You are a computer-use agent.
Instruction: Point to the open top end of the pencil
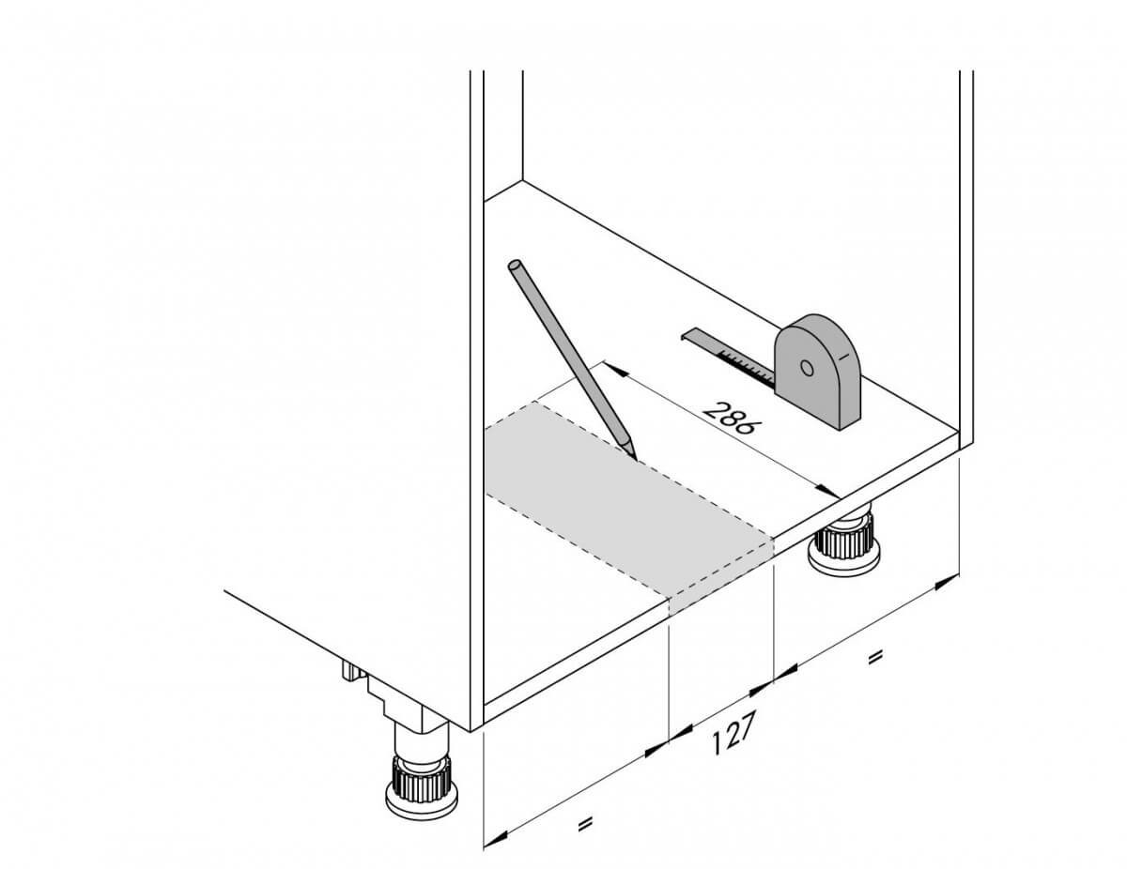[x=516, y=266]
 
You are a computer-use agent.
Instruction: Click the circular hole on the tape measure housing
[x=807, y=368]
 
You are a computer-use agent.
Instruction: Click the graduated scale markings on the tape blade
[x=746, y=364]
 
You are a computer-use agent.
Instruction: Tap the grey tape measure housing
[x=818, y=371]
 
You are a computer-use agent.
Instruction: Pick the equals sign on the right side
[x=874, y=658]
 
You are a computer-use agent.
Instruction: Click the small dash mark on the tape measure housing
[x=843, y=357]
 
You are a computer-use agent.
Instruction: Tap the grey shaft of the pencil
[x=570, y=356]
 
